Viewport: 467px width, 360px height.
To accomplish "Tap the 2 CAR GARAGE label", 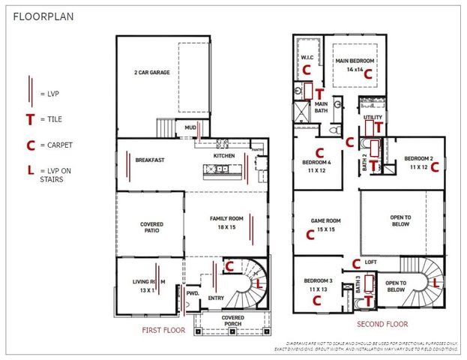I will pos(153,73).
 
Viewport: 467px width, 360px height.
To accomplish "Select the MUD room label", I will pos(191,127).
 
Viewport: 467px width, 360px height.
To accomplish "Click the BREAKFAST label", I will pos(149,160).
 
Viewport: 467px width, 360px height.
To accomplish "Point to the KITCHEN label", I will pos(224,156).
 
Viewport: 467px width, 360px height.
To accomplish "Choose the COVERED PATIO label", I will pos(151,228).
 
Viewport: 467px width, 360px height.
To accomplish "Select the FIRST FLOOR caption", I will pos(163,330).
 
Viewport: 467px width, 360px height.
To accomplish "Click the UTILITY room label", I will pos(373,118).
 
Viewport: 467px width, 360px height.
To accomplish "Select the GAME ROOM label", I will pos(326,225).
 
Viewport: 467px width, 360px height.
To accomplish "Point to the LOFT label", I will pos(370,262).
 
